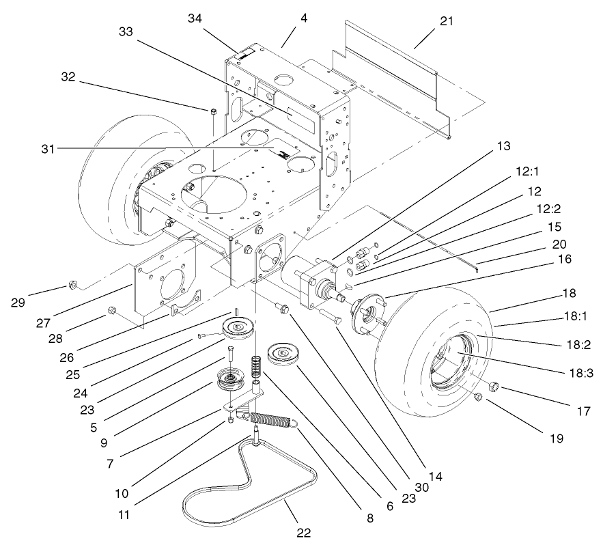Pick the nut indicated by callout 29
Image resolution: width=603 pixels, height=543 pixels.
tap(71, 285)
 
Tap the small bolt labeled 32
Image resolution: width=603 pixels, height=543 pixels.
tap(212, 111)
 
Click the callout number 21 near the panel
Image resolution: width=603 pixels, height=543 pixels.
tap(446, 21)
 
